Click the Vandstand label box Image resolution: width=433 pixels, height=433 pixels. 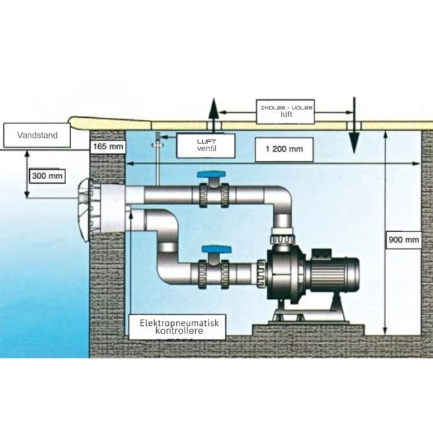[x=37, y=136]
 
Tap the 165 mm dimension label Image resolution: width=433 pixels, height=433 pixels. [x=108, y=146]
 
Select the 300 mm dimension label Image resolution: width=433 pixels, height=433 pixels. [x=48, y=176]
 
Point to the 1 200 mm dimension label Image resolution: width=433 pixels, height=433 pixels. [x=284, y=149]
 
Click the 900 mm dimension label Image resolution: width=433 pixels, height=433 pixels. [x=403, y=240]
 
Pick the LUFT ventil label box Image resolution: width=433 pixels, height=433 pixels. [x=206, y=146]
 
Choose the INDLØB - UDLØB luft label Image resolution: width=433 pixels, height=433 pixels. [x=285, y=111]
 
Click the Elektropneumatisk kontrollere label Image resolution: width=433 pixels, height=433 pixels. [x=177, y=327]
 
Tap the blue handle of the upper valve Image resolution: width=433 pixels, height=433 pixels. [x=211, y=175]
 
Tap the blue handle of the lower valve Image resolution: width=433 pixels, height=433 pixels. [x=215, y=249]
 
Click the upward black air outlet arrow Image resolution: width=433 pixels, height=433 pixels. [x=214, y=114]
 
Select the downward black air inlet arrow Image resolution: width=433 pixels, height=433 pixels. [x=354, y=126]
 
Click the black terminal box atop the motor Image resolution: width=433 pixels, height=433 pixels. [x=322, y=253]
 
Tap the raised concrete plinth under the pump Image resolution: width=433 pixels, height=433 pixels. [x=309, y=330]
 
